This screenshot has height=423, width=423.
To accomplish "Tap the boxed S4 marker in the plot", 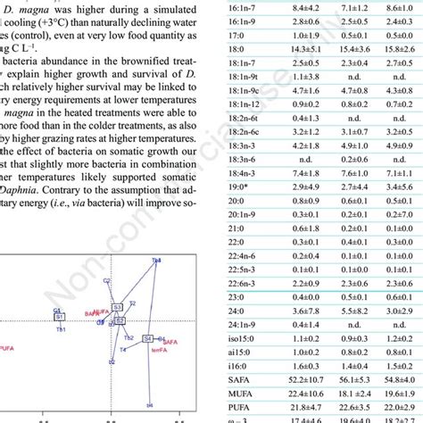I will coord(147,337).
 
